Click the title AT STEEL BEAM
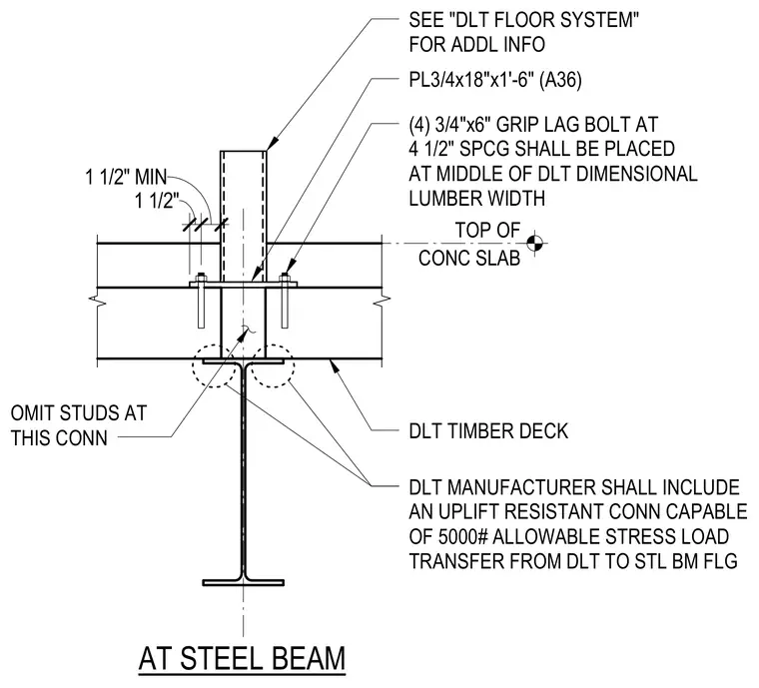pyautogui.click(x=242, y=658)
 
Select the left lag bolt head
pyautogui.click(x=201, y=280)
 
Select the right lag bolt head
pyautogui.click(x=285, y=280)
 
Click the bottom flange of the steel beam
pyautogui.click(x=243, y=582)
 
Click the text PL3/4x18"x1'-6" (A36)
pyautogui.click(x=495, y=80)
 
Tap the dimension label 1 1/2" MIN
pyautogui.click(x=127, y=177)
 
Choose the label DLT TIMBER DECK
pyautogui.click(x=488, y=431)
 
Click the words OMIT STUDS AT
pyautogui.click(x=79, y=413)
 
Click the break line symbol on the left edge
pyautogui.click(x=97, y=301)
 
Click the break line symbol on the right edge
pyautogui.click(x=381, y=301)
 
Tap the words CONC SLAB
pyautogui.click(x=469, y=259)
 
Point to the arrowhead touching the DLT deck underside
pyautogui.click(x=334, y=365)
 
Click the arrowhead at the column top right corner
pyautogui.click(x=272, y=142)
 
